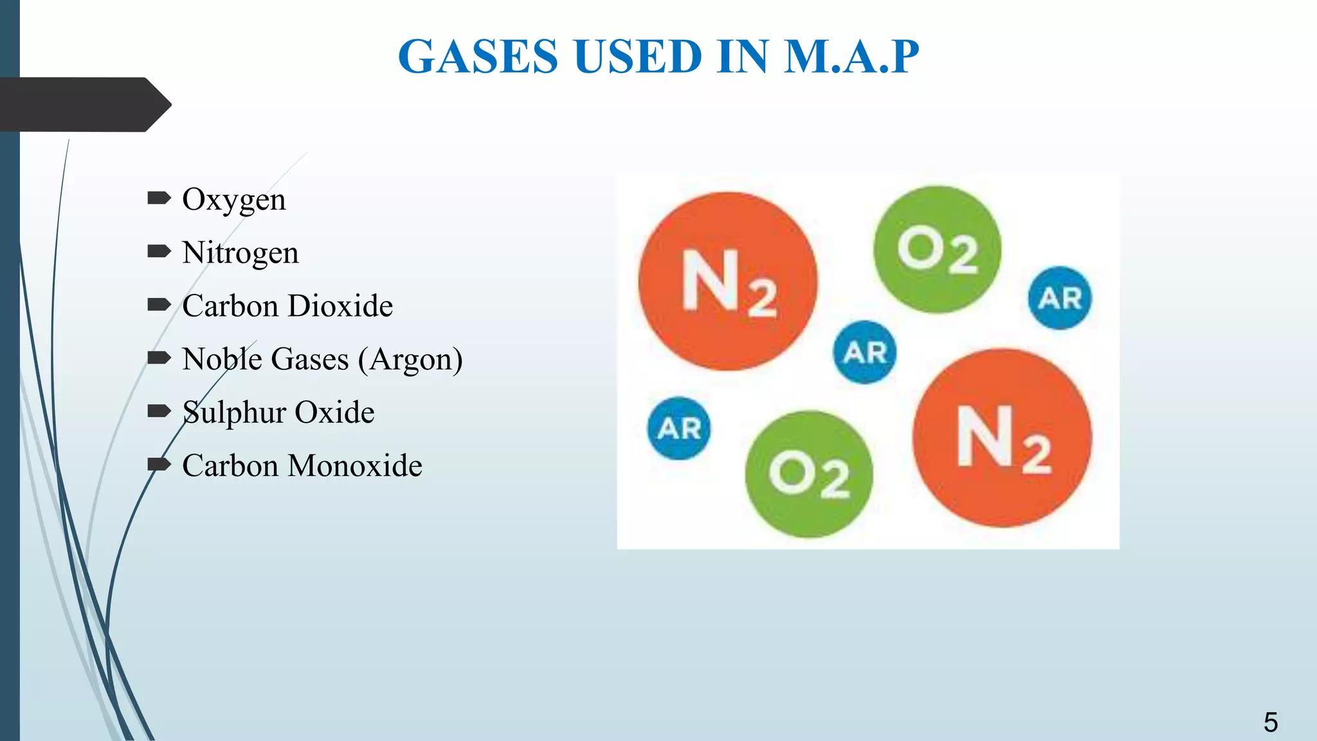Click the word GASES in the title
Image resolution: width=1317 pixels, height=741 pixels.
click(478, 57)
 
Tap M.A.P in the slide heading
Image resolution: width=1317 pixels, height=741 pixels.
click(851, 57)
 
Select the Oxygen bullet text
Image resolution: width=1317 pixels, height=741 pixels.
click(233, 200)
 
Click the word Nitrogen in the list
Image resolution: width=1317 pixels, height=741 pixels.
click(240, 253)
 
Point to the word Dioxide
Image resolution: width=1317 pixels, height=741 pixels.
click(340, 306)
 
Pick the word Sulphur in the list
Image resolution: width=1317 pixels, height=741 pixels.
click(234, 413)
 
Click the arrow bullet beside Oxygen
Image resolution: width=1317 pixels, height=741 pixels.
click(159, 198)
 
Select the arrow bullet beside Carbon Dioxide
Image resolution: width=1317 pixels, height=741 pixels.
click(159, 304)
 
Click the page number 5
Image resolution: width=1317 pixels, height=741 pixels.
click(1270, 722)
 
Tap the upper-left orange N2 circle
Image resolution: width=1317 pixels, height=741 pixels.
click(728, 281)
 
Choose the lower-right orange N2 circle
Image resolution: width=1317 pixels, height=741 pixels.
click(1002, 438)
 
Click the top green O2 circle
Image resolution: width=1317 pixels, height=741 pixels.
click(937, 250)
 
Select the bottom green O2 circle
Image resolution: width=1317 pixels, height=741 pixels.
click(809, 474)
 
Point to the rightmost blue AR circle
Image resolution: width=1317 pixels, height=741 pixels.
click(1060, 298)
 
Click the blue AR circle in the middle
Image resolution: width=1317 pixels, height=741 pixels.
click(865, 352)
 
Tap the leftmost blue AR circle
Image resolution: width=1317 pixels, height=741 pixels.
click(679, 428)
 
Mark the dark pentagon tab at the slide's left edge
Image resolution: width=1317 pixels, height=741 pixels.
click(84, 105)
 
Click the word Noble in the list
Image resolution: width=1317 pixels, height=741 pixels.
click(221, 360)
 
